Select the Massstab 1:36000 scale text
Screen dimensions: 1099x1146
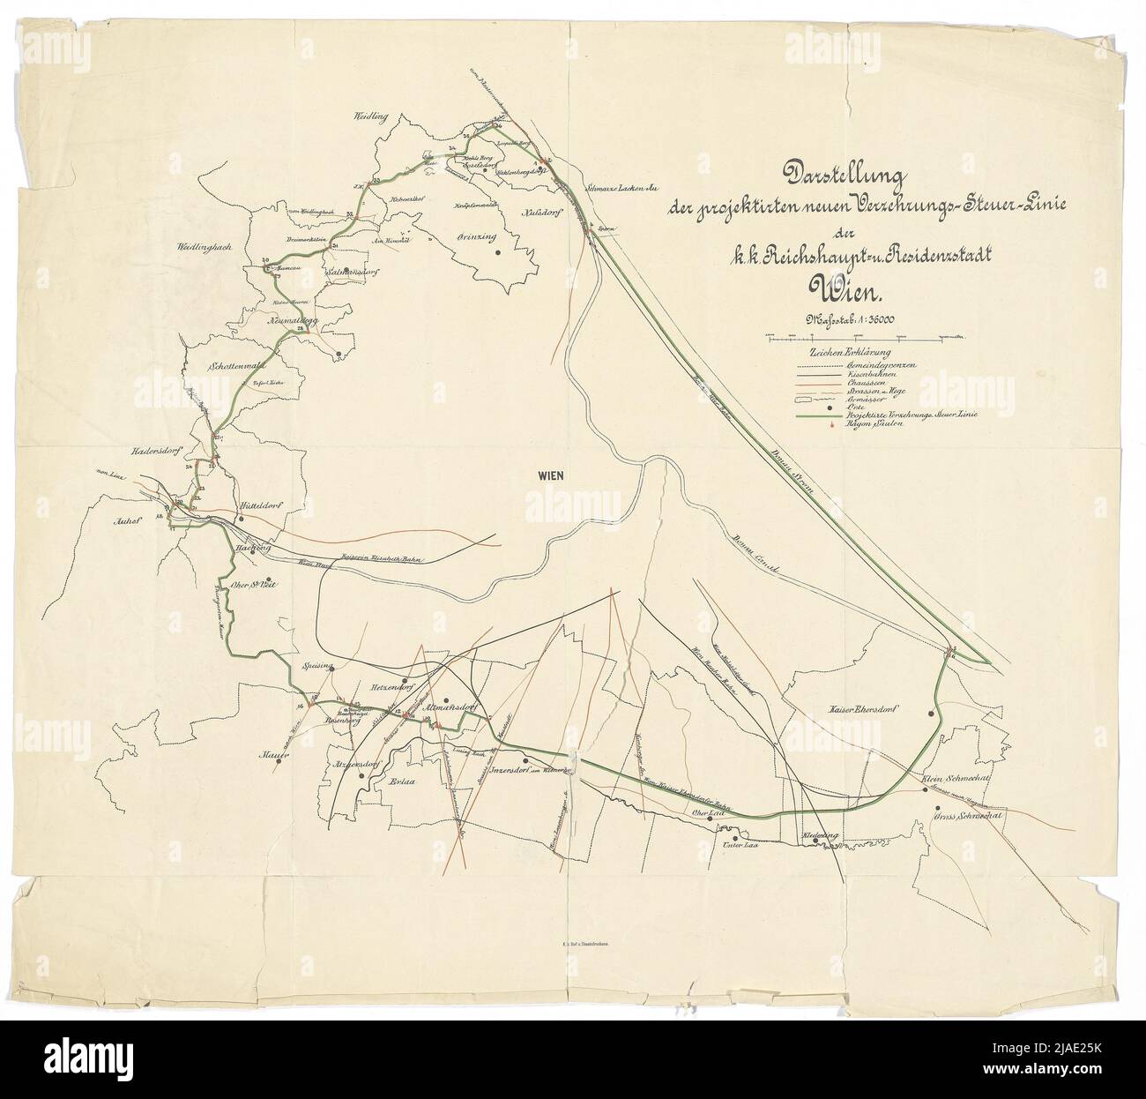(846, 319)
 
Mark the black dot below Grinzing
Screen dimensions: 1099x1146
(498, 252)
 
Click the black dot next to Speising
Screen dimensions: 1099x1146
(331, 669)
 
